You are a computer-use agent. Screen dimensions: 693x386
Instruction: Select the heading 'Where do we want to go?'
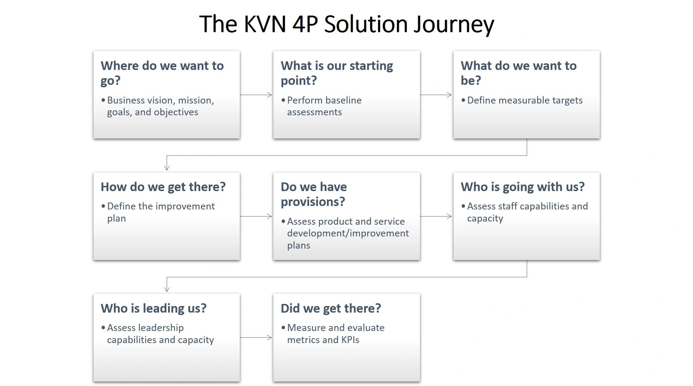pyautogui.click(x=162, y=73)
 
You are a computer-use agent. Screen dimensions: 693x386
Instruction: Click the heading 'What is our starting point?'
pyautogui.click(x=337, y=73)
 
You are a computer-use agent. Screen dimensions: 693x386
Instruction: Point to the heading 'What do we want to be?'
pyautogui.click(x=519, y=73)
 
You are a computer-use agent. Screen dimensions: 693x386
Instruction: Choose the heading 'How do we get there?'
pyautogui.click(x=163, y=187)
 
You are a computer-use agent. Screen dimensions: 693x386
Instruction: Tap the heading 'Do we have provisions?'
pyautogui.click(x=314, y=194)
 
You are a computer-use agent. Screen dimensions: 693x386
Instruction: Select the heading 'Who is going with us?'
pyautogui.click(x=523, y=187)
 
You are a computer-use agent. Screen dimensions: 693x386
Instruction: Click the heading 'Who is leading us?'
pyautogui.click(x=153, y=308)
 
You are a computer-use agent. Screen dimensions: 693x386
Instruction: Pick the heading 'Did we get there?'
pyautogui.click(x=331, y=308)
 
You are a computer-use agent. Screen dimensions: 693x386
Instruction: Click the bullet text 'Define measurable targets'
pyautogui.click(x=525, y=100)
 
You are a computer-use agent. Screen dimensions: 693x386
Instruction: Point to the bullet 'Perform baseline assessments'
pyautogui.click(x=324, y=106)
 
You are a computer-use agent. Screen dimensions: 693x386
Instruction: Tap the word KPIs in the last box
pyautogui.click(x=350, y=340)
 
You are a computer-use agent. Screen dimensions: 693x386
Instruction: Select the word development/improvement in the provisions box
pyautogui.click(x=348, y=233)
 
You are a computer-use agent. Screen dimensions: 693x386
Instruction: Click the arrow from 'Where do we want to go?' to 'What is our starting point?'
pyautogui.click(x=256, y=95)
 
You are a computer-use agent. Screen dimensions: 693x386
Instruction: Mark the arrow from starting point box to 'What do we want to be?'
pyautogui.click(x=436, y=95)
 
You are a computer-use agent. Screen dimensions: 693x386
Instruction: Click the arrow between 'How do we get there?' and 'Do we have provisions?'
pyautogui.click(x=256, y=216)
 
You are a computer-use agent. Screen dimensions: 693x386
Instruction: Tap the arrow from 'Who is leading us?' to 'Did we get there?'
pyautogui.click(x=256, y=338)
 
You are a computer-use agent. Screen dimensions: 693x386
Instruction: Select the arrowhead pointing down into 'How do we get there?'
pyautogui.click(x=167, y=168)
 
